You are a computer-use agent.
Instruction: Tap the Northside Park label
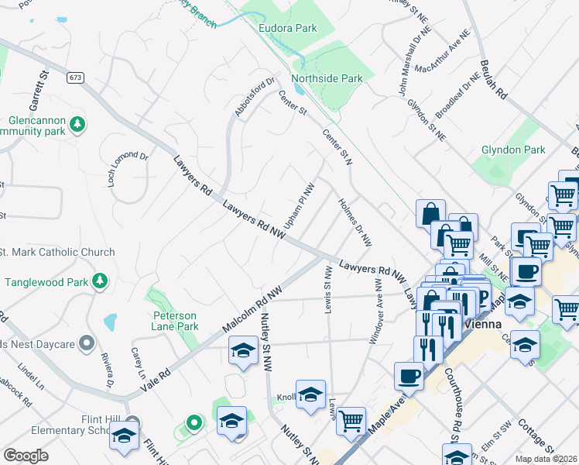[x=327, y=78]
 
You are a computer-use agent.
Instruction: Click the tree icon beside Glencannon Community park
[x=77, y=124]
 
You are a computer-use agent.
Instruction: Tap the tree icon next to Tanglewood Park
[x=100, y=281]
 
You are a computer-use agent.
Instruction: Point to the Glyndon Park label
[x=534, y=150]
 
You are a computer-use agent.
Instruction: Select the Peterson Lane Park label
[x=175, y=321]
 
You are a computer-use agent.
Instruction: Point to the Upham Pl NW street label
[x=299, y=205]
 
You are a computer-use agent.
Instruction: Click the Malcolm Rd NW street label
[x=251, y=308]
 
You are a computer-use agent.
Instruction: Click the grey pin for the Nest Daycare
[x=87, y=342]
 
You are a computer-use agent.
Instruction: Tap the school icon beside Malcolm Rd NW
[x=244, y=352]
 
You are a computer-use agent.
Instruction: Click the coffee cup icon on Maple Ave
[x=409, y=377]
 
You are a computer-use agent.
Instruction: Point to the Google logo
[x=26, y=456]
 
